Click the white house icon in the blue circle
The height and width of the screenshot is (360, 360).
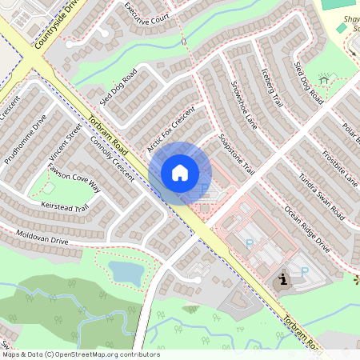180,173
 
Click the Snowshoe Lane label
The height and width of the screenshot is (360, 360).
244,105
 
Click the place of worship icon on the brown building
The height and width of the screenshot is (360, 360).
282,282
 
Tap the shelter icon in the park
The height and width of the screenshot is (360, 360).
324,79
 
